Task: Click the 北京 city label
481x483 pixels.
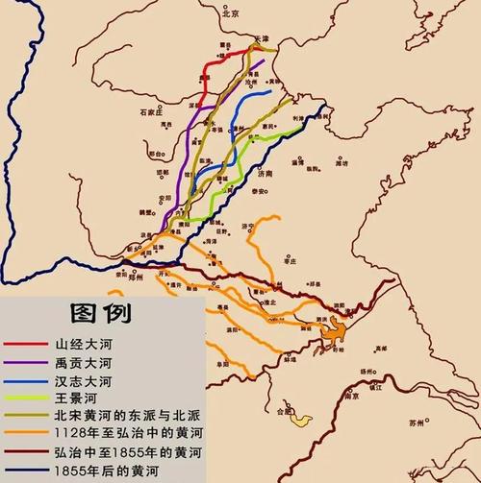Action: tap(229, 14)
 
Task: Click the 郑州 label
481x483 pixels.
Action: tap(137, 275)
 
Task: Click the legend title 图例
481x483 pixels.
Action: tap(100, 313)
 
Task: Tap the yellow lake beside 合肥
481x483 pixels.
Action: tap(301, 420)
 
